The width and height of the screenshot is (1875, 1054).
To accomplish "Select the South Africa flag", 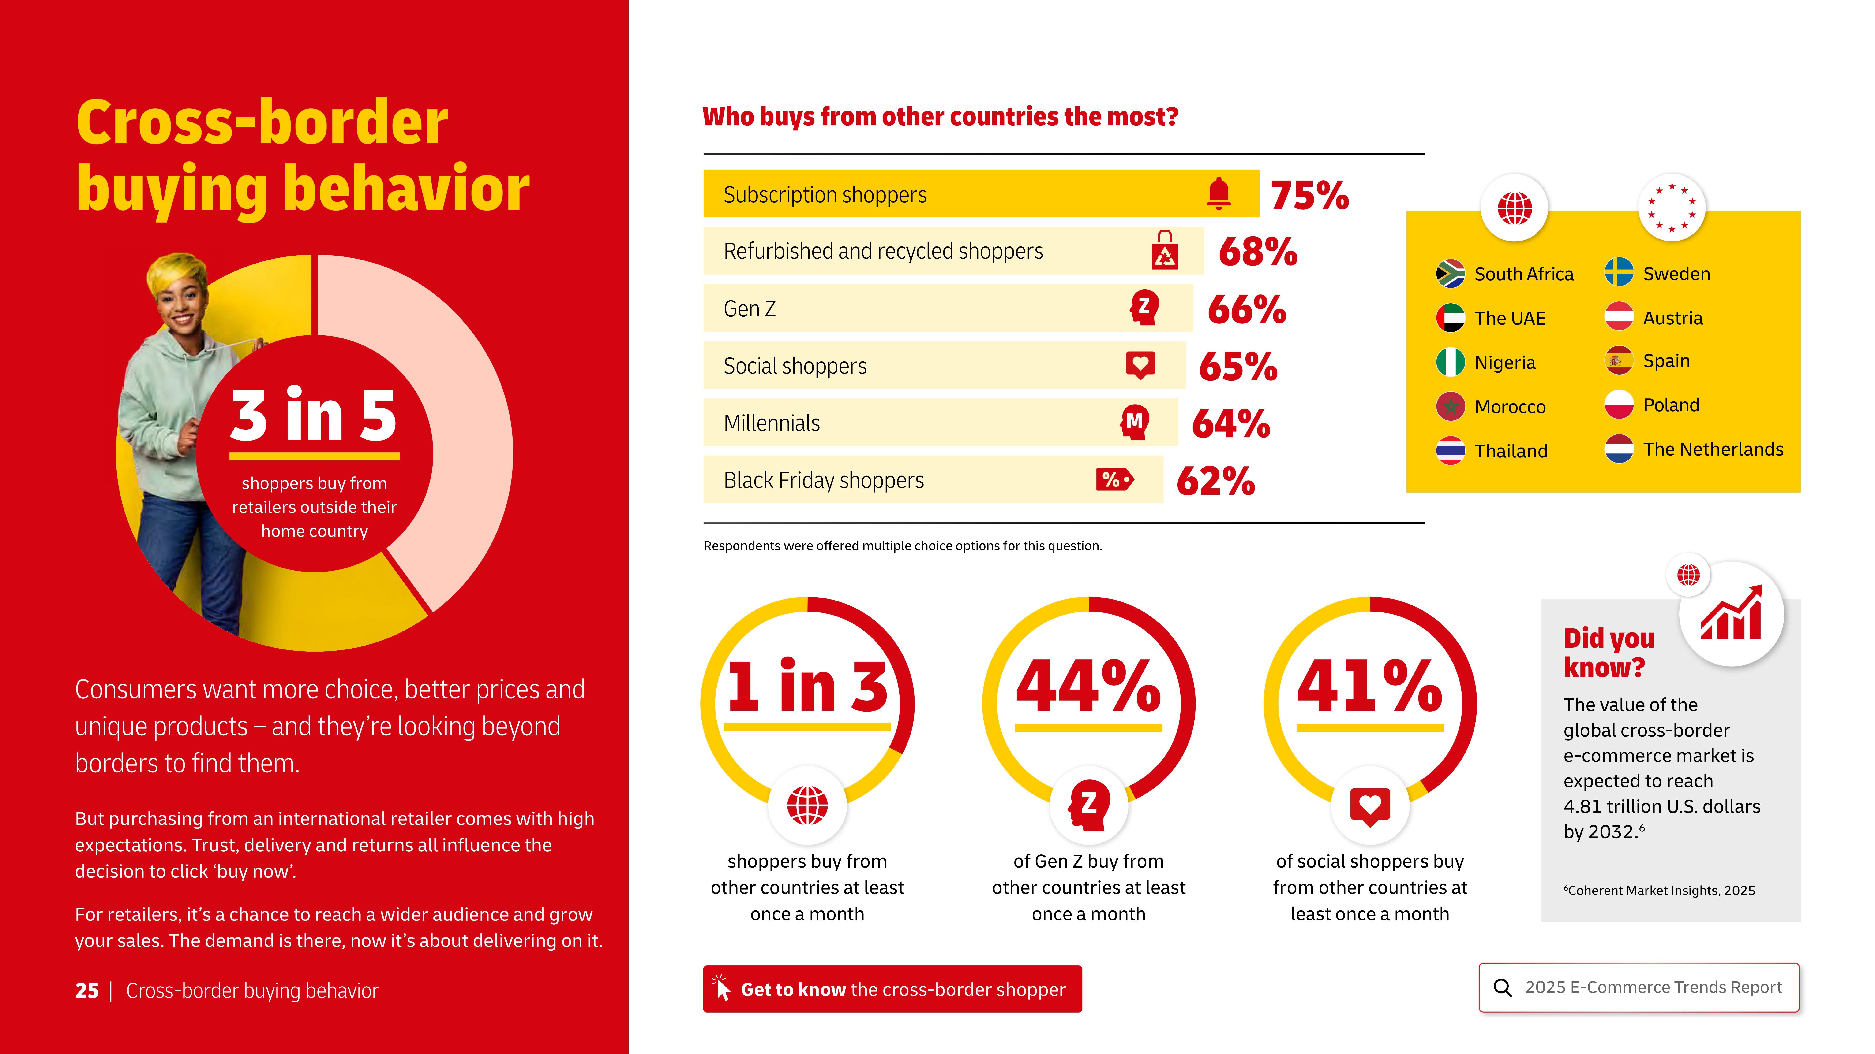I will pos(1450,274).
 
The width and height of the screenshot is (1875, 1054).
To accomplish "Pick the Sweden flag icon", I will pos(1619,273).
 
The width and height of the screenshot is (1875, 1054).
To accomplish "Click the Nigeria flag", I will pos(1450,362).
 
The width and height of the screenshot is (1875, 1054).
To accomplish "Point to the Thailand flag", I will pos(1450,450).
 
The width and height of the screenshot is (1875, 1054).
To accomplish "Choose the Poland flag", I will pos(1619,405).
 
